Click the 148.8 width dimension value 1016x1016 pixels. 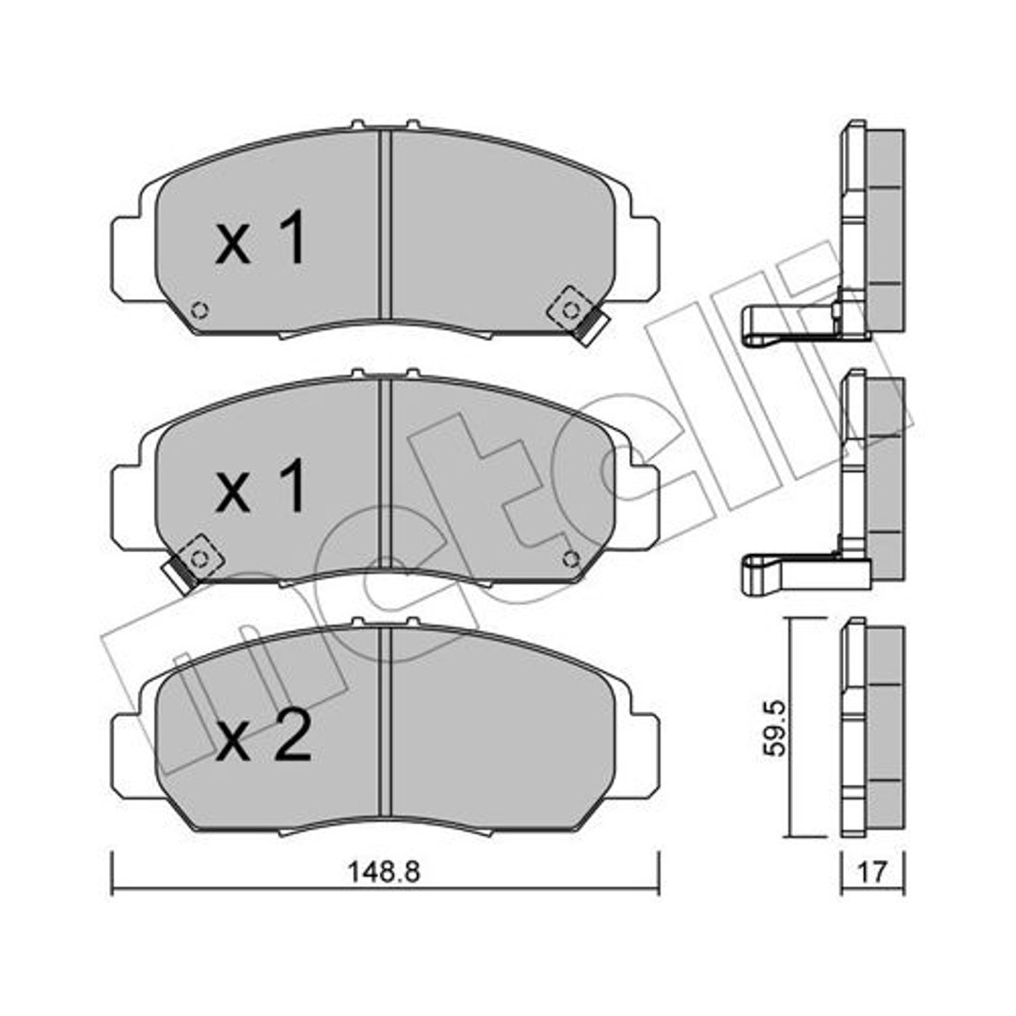384,871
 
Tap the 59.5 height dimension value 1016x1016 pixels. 774,727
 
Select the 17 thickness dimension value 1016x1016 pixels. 872,871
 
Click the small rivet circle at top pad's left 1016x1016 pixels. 200,310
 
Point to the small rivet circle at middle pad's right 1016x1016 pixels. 571,558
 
